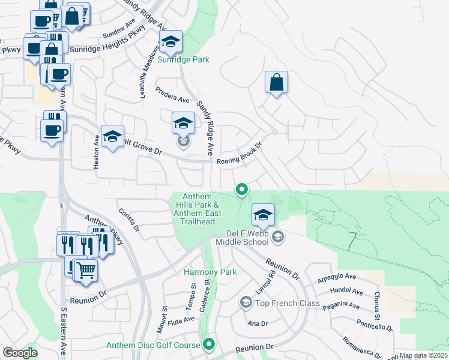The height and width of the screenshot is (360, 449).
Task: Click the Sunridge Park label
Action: coord(183,59)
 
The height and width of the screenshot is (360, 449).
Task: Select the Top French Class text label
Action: coord(288,303)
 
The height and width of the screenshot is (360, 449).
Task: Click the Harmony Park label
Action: coord(210,272)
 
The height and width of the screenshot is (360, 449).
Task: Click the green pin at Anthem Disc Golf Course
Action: coord(209,344)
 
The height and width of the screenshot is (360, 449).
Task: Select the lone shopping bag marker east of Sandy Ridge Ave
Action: coord(276,83)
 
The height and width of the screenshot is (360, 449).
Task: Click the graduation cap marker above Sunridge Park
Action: coord(170,42)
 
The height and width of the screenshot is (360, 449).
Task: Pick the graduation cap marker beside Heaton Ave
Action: coord(112,137)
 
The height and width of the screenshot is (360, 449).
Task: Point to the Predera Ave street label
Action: coord(172,95)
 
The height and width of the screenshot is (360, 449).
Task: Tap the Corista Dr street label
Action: coord(129,220)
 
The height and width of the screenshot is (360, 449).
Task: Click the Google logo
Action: coord(20,353)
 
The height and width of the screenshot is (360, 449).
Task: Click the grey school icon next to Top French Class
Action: coord(246,302)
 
